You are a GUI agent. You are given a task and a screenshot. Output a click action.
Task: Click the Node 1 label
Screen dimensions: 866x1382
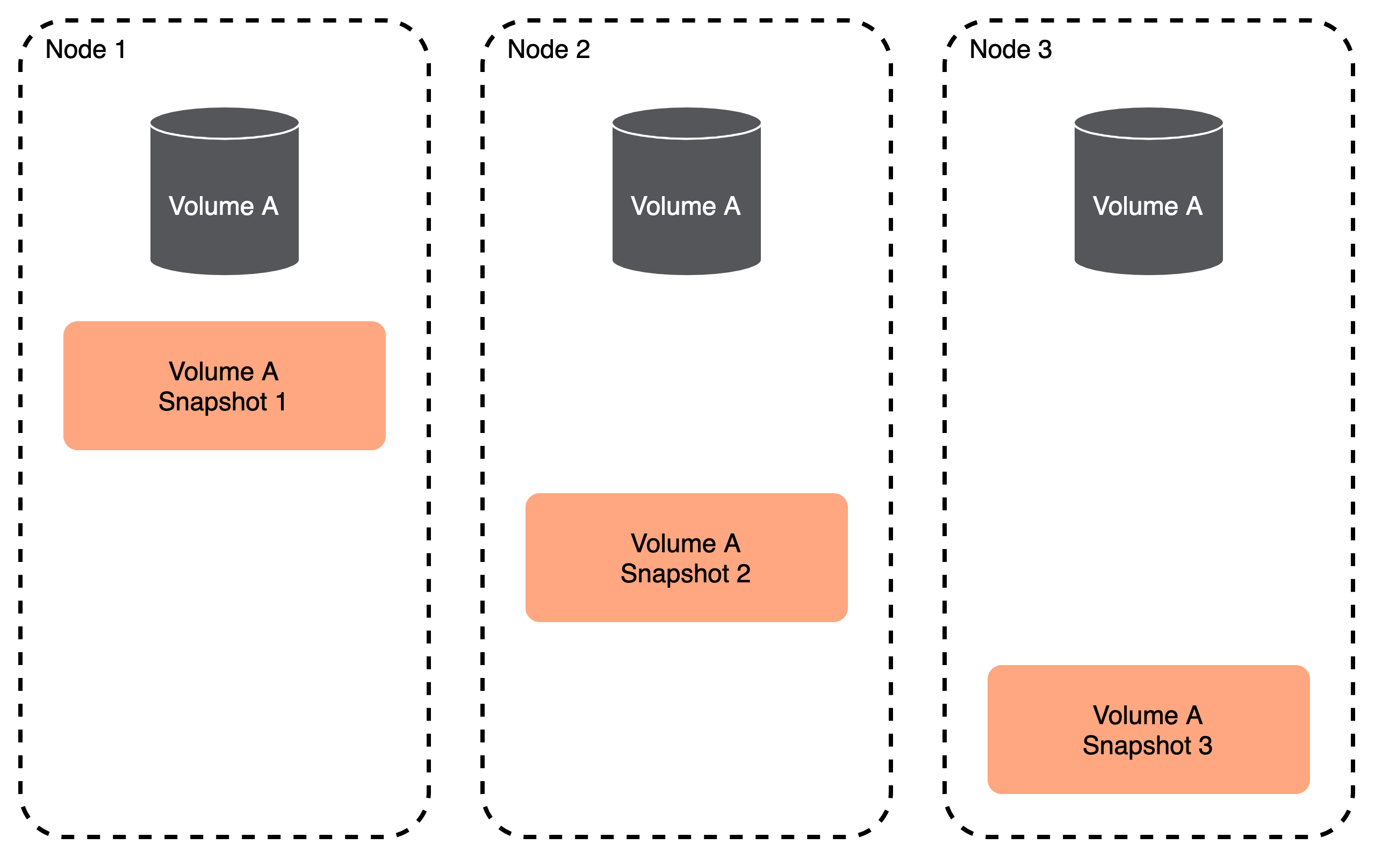coord(85,49)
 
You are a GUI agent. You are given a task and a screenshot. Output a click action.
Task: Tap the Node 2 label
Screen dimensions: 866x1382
coord(548,49)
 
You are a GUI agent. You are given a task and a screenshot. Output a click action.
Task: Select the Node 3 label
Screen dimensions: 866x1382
coord(1010,49)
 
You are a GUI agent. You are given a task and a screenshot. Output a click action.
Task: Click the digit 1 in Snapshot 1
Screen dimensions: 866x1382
coord(280,401)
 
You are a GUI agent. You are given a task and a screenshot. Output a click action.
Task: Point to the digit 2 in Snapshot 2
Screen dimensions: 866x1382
coord(744,573)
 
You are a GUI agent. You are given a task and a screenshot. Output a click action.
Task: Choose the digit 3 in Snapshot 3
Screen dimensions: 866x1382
coord(1206,745)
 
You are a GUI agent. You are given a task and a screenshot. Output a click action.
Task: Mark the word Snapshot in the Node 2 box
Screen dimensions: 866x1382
coord(675,574)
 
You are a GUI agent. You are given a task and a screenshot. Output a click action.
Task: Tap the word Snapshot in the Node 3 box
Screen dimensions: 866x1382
coord(1137,746)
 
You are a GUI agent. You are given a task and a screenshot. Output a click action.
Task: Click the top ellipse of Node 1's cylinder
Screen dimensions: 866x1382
coord(224,122)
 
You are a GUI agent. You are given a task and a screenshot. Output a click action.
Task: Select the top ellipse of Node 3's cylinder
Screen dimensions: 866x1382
coord(1148,122)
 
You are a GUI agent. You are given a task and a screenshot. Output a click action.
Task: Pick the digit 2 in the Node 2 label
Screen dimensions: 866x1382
coord(582,49)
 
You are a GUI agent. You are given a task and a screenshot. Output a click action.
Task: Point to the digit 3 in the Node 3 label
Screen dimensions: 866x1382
coord(1045,49)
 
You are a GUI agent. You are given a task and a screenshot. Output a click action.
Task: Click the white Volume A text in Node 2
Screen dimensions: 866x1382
coord(686,206)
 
